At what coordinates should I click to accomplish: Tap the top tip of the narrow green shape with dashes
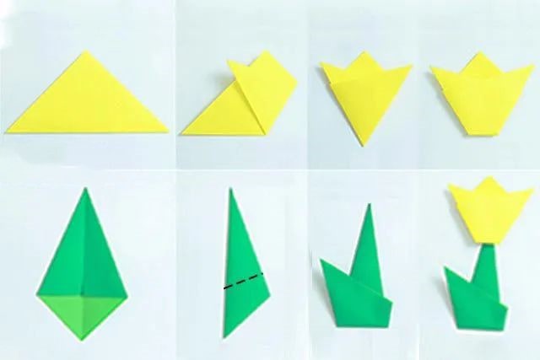tap(229, 189)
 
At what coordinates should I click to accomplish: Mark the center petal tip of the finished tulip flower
tap(487, 180)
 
